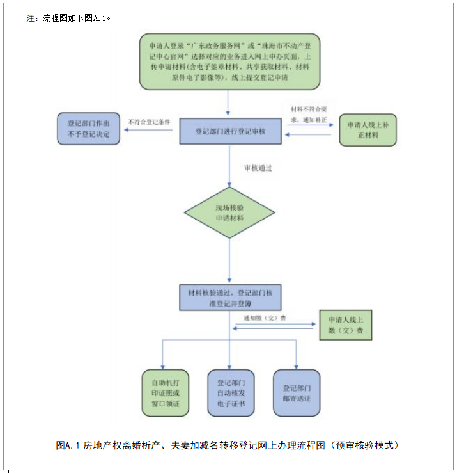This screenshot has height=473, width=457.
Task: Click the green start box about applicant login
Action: click(x=229, y=62)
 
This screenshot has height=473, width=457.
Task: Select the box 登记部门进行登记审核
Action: click(x=229, y=131)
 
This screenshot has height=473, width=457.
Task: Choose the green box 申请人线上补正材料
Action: click(x=368, y=129)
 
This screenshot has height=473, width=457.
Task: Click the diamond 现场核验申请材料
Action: click(x=229, y=213)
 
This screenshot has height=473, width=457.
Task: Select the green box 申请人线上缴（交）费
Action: click(x=345, y=325)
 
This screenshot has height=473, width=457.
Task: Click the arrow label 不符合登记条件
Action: click(x=149, y=121)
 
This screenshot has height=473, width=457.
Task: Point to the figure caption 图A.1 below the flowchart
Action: click(x=228, y=445)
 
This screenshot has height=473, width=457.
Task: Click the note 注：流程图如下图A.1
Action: click(x=69, y=18)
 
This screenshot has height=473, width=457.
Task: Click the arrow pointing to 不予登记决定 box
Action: click(x=148, y=131)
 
